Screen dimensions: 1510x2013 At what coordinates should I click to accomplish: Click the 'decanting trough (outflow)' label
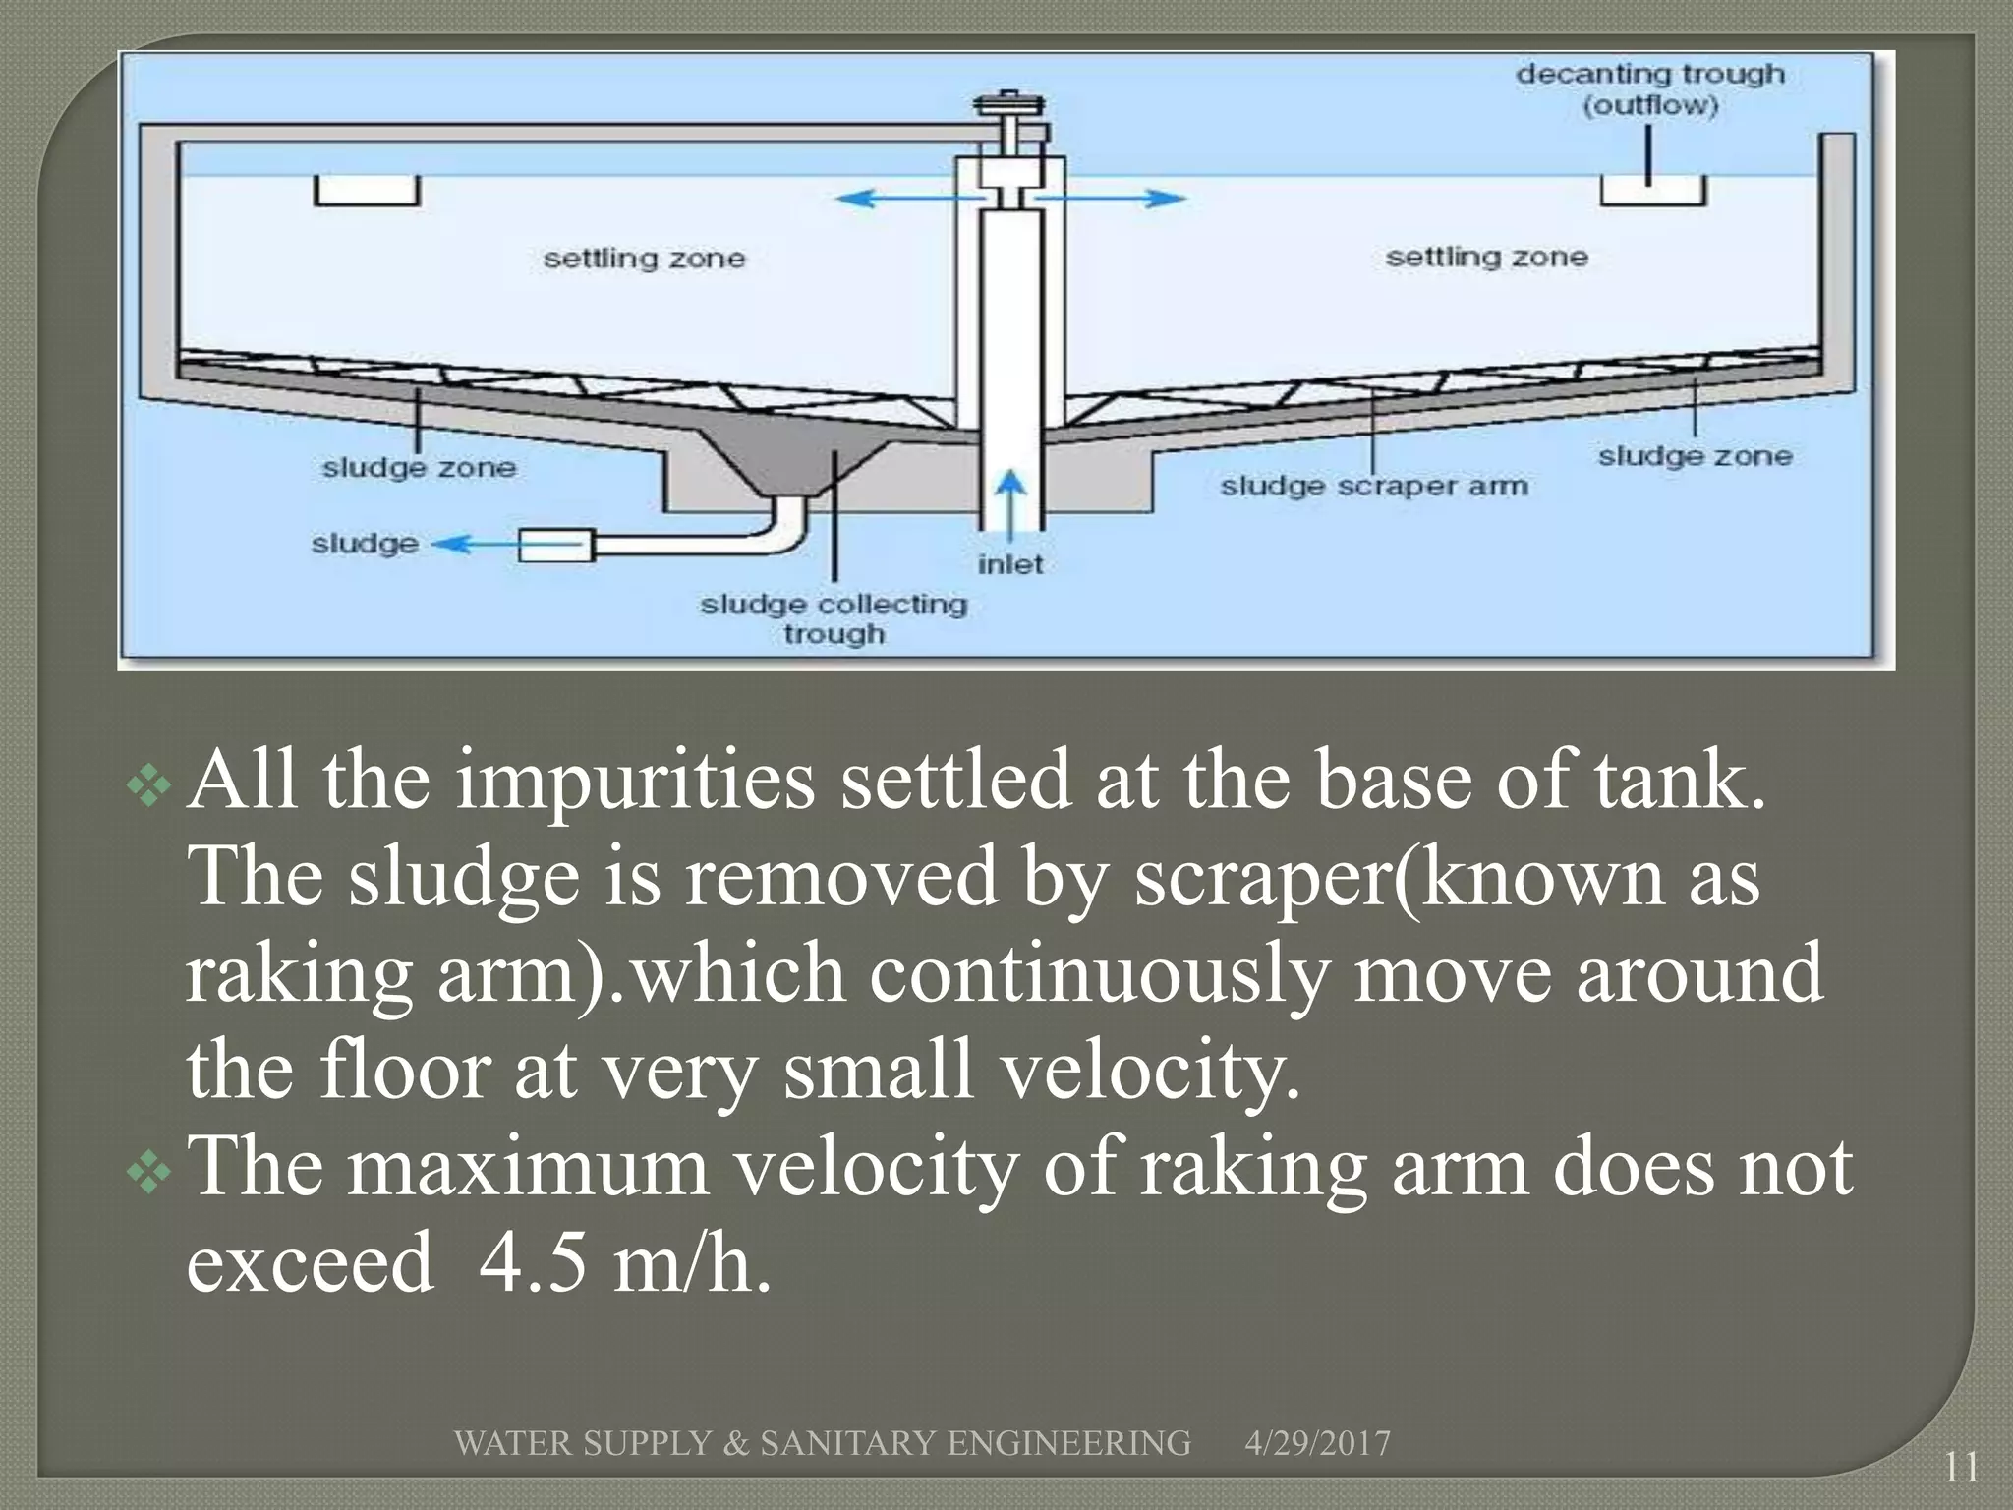(1649, 89)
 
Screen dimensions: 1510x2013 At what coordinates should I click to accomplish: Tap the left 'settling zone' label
(644, 259)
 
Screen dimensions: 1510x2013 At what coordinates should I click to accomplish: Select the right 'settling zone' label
(1486, 257)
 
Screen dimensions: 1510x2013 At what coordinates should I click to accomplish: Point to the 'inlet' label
(1009, 564)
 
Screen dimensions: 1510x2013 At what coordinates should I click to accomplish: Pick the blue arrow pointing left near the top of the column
(890, 199)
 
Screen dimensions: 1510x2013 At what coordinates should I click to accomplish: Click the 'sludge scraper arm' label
(1373, 486)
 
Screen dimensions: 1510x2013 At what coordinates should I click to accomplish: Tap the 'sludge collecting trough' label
(834, 618)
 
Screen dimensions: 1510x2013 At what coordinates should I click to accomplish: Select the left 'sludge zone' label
(419, 467)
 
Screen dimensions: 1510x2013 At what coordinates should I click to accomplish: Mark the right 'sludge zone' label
(1695, 456)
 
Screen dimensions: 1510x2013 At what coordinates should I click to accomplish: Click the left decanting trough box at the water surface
(367, 191)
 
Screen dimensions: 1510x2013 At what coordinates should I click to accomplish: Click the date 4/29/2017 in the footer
(1317, 1443)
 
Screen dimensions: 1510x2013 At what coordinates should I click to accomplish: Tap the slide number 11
(1961, 1468)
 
